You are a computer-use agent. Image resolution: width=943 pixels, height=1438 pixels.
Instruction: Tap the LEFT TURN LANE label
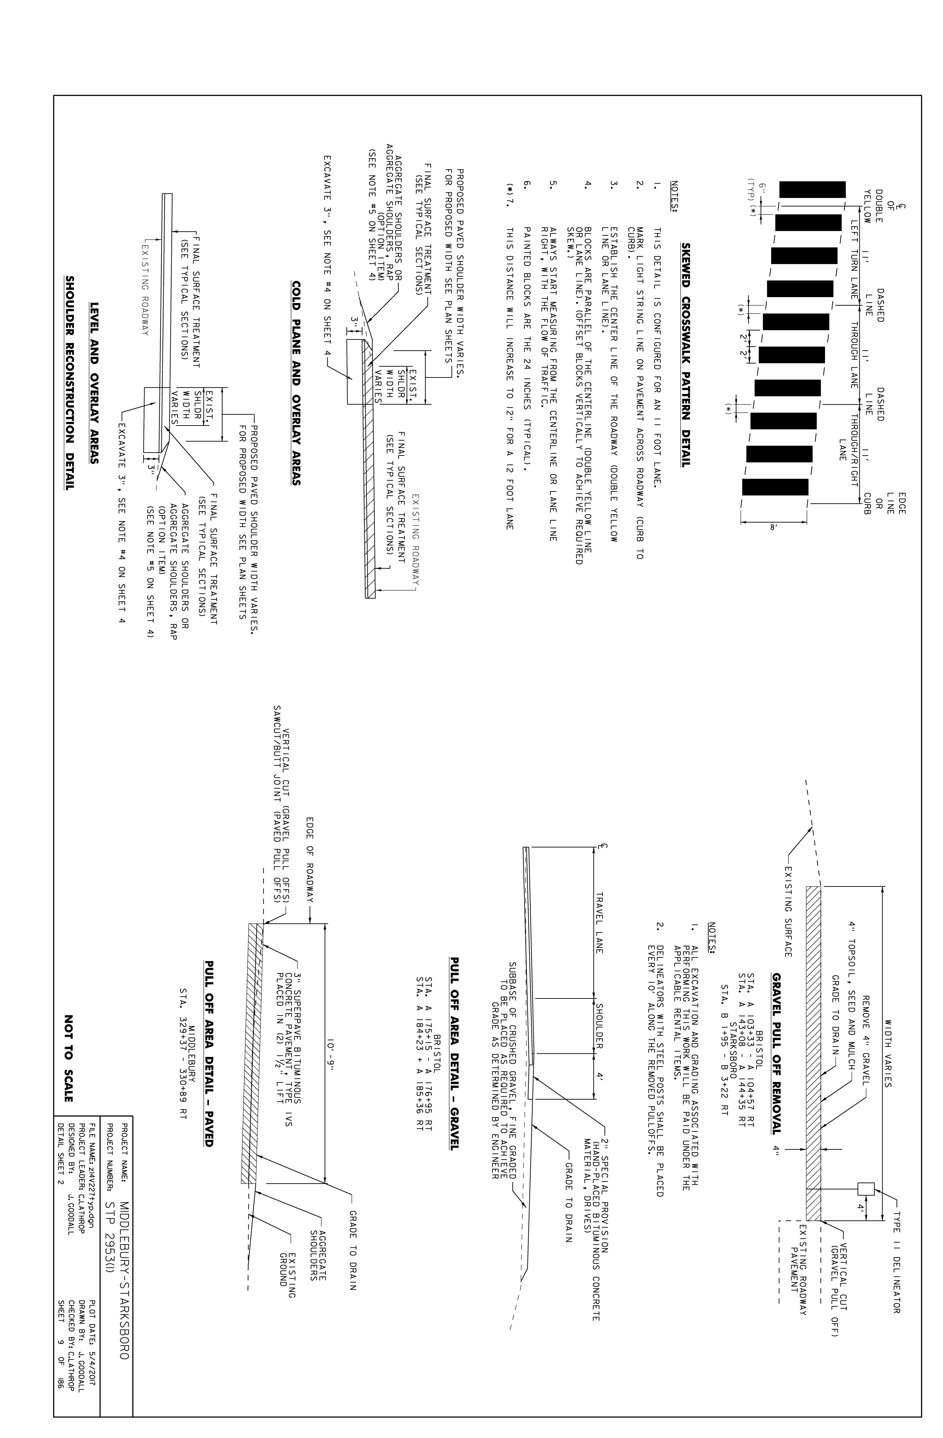(x=854, y=254)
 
